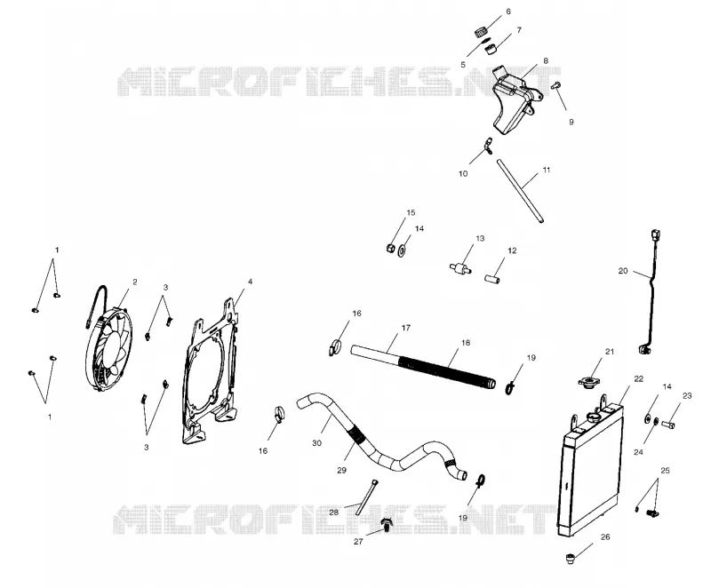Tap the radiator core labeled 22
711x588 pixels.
(x=589, y=466)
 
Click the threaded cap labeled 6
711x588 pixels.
(x=482, y=33)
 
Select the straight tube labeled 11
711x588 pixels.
(x=520, y=190)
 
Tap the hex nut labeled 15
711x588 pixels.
(x=389, y=248)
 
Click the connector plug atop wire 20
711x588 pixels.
(x=654, y=236)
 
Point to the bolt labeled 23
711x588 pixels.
(x=668, y=425)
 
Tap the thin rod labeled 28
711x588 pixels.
(x=366, y=497)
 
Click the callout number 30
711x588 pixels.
(x=316, y=442)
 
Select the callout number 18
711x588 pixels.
(x=466, y=343)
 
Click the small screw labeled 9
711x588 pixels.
(x=556, y=84)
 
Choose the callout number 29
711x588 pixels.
(x=341, y=470)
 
